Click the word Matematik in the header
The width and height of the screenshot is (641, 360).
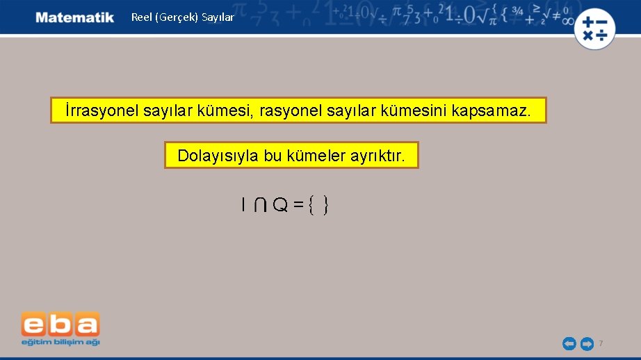pos(75,17)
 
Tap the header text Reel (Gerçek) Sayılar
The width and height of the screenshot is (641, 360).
pos(183,17)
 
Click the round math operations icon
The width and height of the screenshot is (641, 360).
pos(595,28)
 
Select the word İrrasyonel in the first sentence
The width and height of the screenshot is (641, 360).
pos(102,111)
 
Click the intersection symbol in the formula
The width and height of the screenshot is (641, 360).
pos(259,205)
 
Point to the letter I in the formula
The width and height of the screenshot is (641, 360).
pos(243,205)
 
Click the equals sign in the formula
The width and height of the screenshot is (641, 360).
pos(298,205)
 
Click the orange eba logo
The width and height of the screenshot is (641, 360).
pos(60,325)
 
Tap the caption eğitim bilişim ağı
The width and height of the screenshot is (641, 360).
pos(60,342)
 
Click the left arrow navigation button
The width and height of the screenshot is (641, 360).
pos(569,343)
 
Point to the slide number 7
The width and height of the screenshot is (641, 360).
pos(601,343)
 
